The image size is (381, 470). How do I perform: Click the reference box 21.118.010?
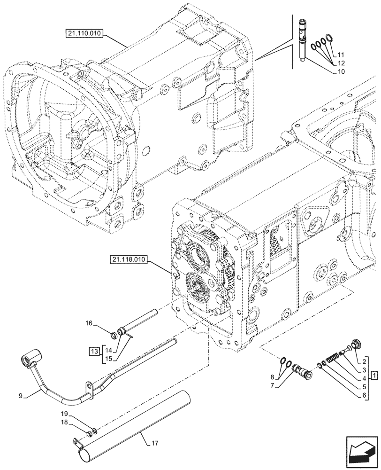[130, 259]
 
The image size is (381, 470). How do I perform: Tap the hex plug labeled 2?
[355, 345]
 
